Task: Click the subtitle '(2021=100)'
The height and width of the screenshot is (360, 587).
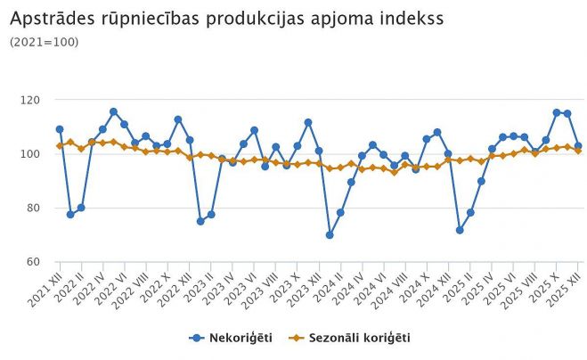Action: (x=44, y=41)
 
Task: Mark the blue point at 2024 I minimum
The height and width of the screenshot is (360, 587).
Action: (x=330, y=235)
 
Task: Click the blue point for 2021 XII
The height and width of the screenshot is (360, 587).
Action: (x=60, y=129)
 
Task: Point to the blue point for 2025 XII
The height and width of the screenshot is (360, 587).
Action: (x=578, y=146)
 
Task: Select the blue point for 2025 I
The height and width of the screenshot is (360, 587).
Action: (x=460, y=230)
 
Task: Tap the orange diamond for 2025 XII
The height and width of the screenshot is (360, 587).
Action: (x=578, y=151)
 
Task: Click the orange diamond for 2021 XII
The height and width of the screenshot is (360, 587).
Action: (x=60, y=145)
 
